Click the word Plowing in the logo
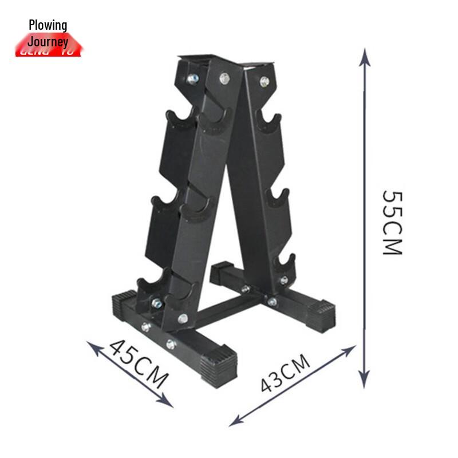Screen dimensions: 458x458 (48, 25)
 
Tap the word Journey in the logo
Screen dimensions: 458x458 (48, 41)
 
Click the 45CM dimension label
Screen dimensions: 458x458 (139, 362)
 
